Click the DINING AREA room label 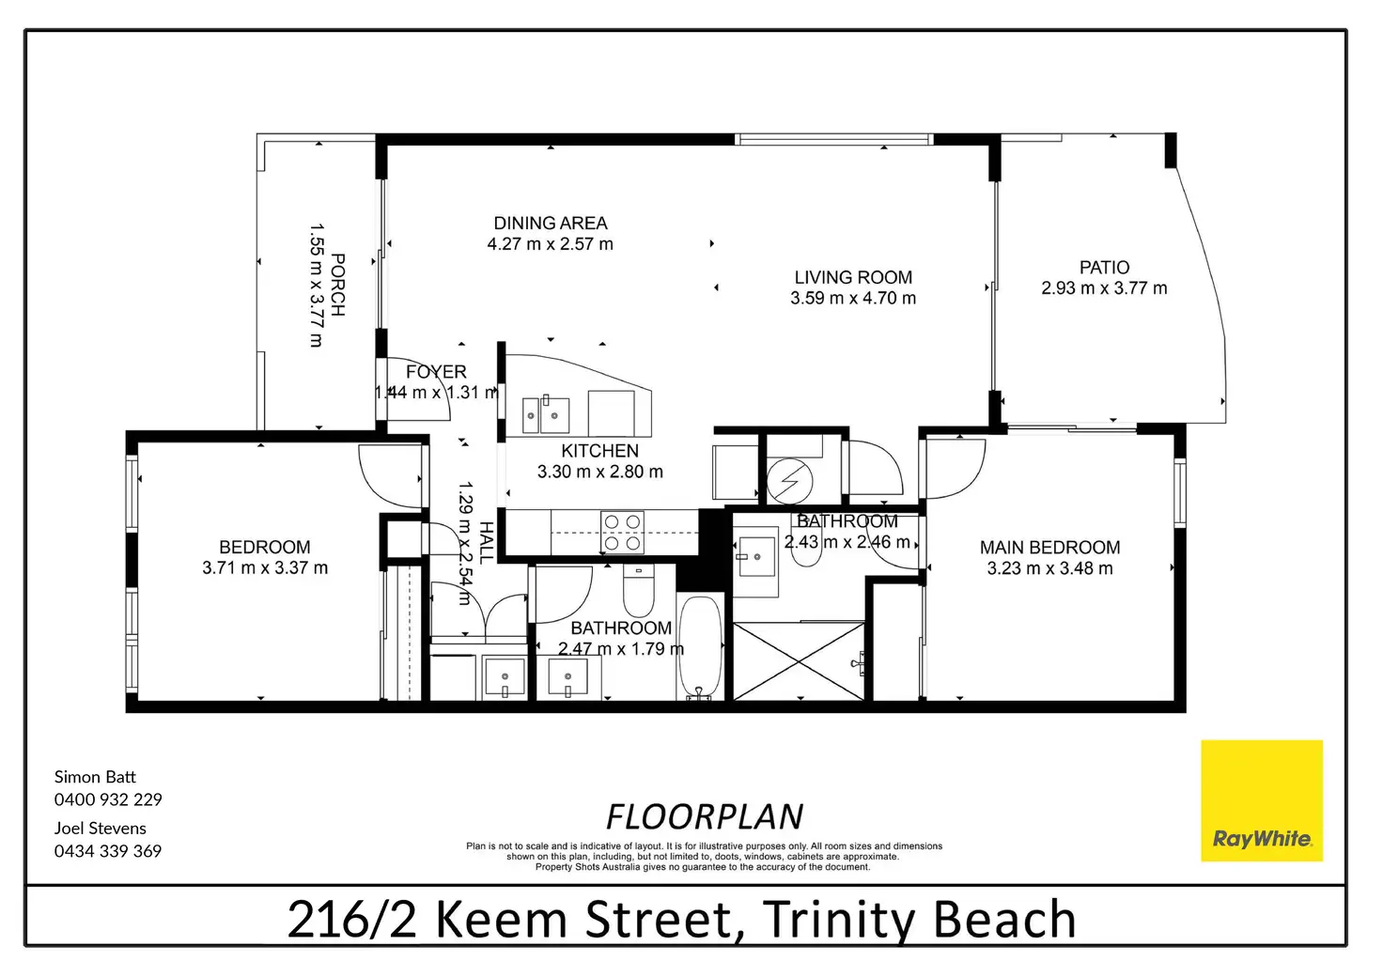tap(551, 223)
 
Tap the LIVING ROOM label tap(853, 277)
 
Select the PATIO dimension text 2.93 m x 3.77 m tap(1104, 288)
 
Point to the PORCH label tap(337, 285)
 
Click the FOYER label tap(436, 372)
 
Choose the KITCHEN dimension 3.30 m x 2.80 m tap(599, 473)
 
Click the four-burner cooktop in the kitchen tap(622, 532)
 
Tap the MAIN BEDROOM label tap(1049, 548)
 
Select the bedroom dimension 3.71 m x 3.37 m tap(265, 567)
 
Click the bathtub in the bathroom tap(700, 647)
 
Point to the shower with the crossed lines tap(799, 661)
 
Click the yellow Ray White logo tap(1262, 800)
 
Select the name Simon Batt tap(95, 776)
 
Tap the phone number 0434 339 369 tap(108, 851)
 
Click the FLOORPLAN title tap(705, 816)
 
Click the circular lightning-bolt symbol tap(789, 480)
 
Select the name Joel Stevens tap(100, 828)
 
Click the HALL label tap(487, 542)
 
